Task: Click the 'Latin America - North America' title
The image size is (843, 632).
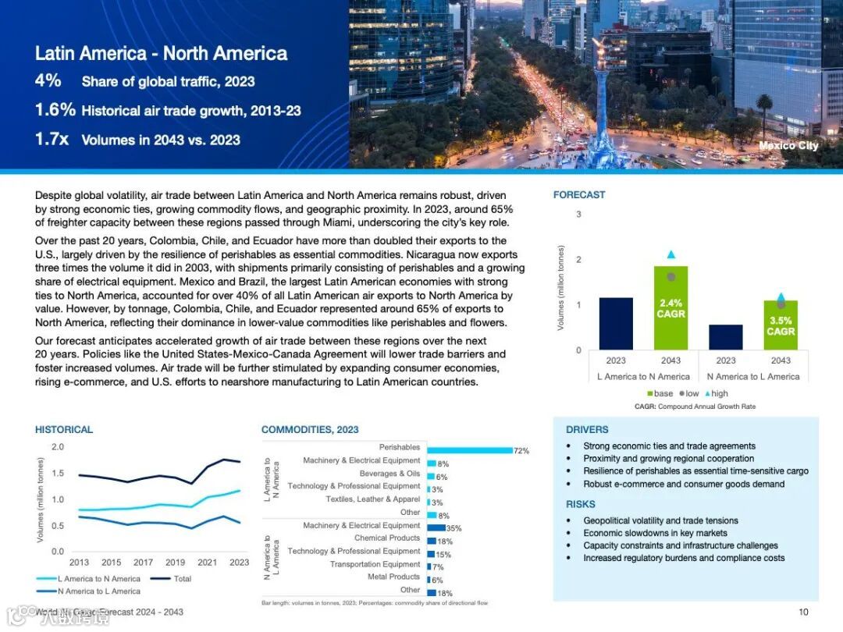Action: [x=161, y=54]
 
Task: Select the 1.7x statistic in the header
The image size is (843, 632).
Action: [x=52, y=140]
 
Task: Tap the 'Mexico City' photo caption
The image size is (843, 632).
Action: [x=788, y=145]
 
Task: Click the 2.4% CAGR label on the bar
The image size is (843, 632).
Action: [x=670, y=308]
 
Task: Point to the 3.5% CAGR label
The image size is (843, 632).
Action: [x=781, y=325]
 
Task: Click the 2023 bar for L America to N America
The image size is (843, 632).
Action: [x=616, y=323]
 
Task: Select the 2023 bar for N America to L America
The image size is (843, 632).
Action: [x=726, y=337]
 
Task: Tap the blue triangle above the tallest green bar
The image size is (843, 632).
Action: [x=671, y=254]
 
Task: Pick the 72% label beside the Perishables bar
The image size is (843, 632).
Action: [x=521, y=451]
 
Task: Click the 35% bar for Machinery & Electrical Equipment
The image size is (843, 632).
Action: [x=436, y=527]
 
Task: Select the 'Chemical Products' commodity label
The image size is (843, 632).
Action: [x=387, y=538]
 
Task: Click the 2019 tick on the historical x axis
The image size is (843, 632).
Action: [x=175, y=562]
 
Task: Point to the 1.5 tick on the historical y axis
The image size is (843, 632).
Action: [x=58, y=473]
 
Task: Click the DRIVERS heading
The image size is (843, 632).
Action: [x=587, y=430]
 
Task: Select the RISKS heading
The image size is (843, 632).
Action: [x=581, y=504]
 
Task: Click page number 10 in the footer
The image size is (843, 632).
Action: [x=803, y=612]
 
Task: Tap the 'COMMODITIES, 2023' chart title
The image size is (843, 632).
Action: [x=310, y=430]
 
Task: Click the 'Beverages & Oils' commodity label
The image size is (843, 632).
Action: [x=389, y=474]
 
